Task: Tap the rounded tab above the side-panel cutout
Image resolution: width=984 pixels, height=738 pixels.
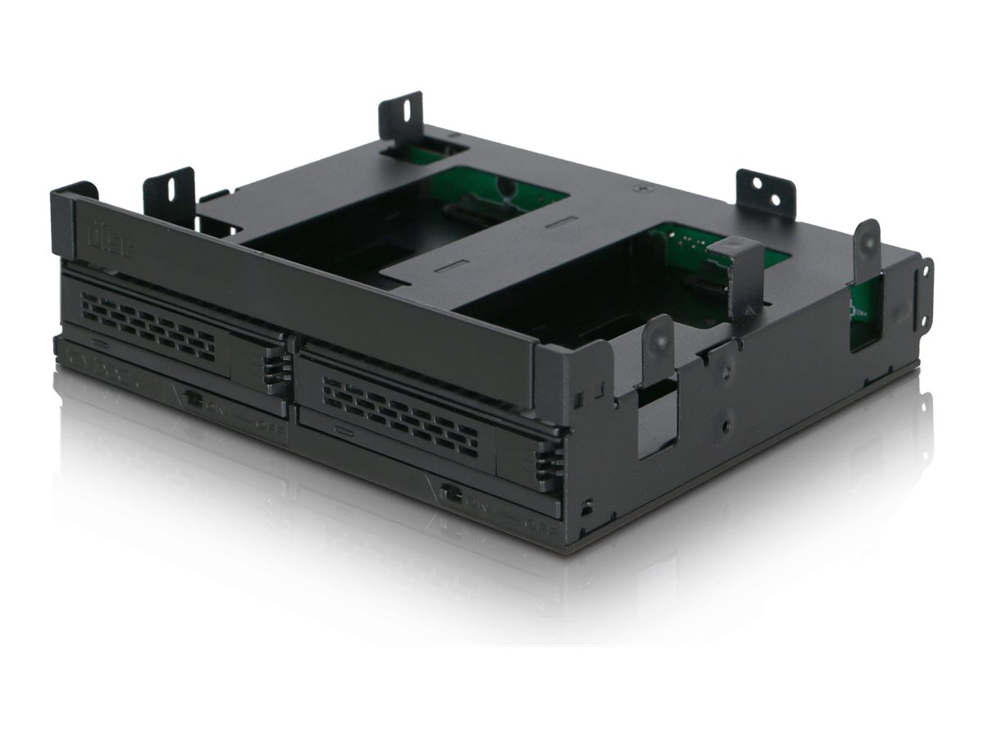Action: tap(658, 345)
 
